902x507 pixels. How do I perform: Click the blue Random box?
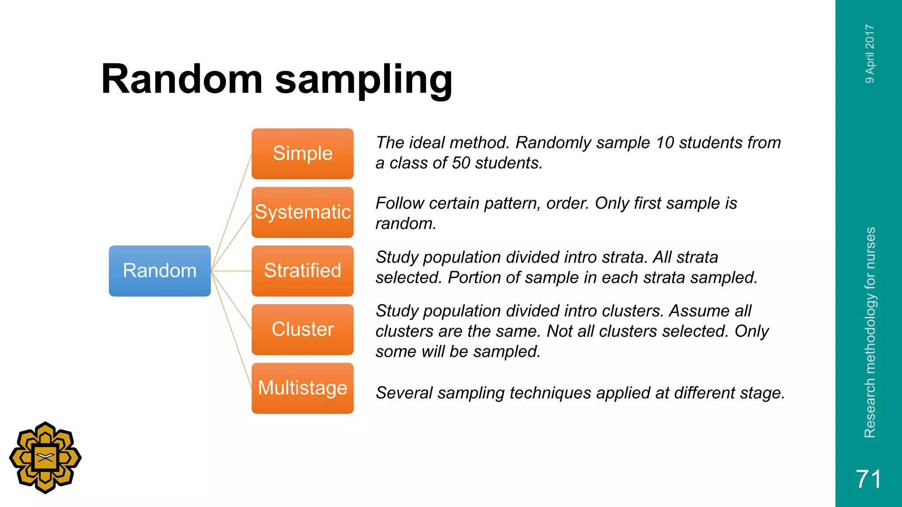coord(159,271)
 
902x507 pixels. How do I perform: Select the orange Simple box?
coord(303,154)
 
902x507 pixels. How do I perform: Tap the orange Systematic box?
coord(303,212)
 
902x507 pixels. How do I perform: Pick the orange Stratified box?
coord(303,271)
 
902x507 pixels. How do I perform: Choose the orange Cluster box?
coord(303,329)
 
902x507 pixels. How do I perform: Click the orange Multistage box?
coord(303,388)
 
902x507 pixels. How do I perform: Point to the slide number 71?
coord(868,479)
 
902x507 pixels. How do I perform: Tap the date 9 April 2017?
coord(869,53)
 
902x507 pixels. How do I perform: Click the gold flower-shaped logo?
coord(45,458)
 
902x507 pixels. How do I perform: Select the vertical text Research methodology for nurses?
coord(869,332)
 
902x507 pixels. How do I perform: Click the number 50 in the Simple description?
coord(461,163)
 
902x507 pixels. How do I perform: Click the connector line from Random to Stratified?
coord(231,271)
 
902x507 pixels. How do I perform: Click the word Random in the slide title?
coord(182,79)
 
